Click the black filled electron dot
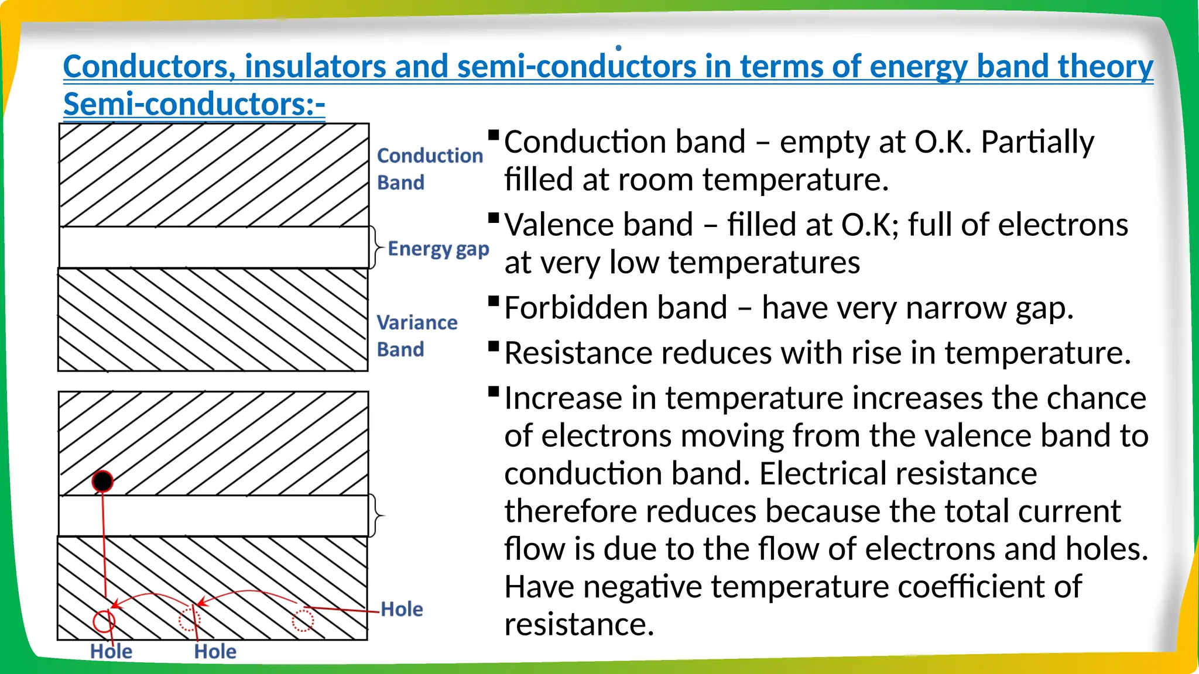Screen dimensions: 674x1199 102,482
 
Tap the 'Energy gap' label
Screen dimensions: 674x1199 438,249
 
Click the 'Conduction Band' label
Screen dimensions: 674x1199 429,168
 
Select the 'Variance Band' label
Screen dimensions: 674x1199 416,335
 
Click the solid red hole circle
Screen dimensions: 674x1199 104,621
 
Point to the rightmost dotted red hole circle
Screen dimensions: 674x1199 303,620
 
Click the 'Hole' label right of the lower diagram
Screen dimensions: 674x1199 401,609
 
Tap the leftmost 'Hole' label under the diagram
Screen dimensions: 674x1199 111,651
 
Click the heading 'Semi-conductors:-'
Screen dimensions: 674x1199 194,104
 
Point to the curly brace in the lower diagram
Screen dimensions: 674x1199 376,515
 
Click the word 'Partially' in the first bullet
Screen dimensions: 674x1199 1037,142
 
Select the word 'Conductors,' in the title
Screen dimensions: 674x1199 149,66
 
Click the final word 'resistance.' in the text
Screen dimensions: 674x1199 578,625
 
